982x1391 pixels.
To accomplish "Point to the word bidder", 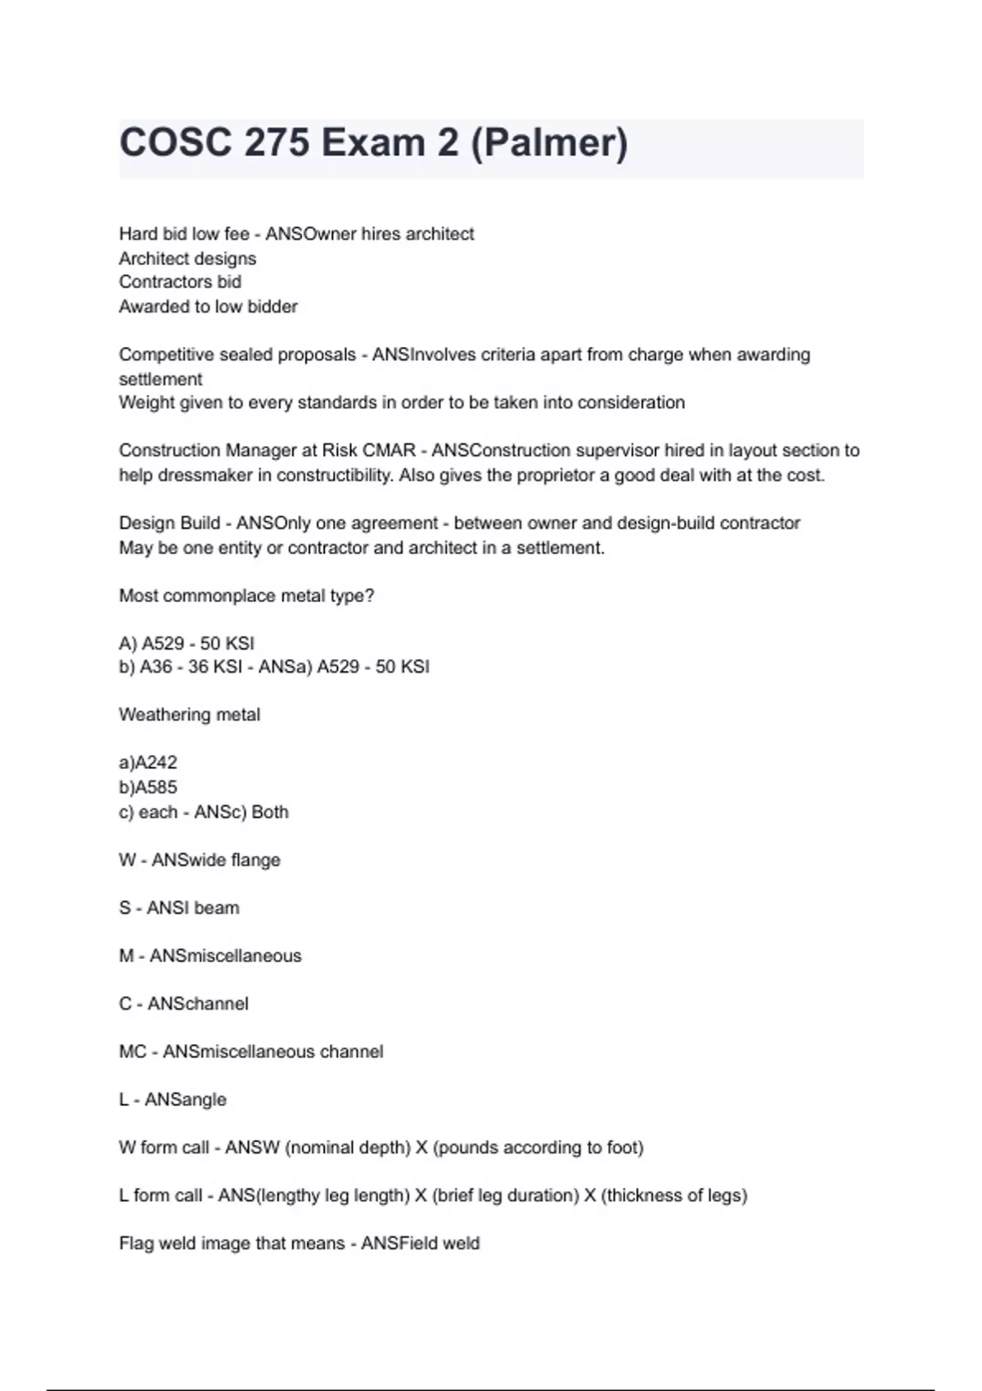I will pyautogui.click(x=273, y=307).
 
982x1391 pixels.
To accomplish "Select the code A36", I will pyautogui.click(x=155, y=667).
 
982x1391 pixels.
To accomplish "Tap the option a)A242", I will pyautogui.click(x=148, y=763).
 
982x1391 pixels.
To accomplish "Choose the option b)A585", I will pyautogui.click(x=148, y=787).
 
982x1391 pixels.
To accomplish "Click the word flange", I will pyautogui.click(x=256, y=860).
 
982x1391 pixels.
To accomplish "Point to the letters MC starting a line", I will pyautogui.click(x=133, y=1051).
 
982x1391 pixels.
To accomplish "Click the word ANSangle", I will pyautogui.click(x=186, y=1100).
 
